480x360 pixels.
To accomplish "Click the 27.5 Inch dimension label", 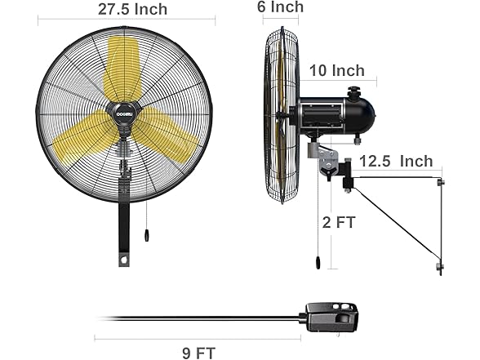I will [132, 10].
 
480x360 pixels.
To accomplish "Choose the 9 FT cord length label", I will [198, 352].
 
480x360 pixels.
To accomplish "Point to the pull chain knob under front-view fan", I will [146, 235].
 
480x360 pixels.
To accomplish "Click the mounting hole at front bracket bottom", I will [124, 261].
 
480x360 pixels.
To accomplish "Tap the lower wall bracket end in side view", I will [440, 267].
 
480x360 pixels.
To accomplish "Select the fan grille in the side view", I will [280, 114].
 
